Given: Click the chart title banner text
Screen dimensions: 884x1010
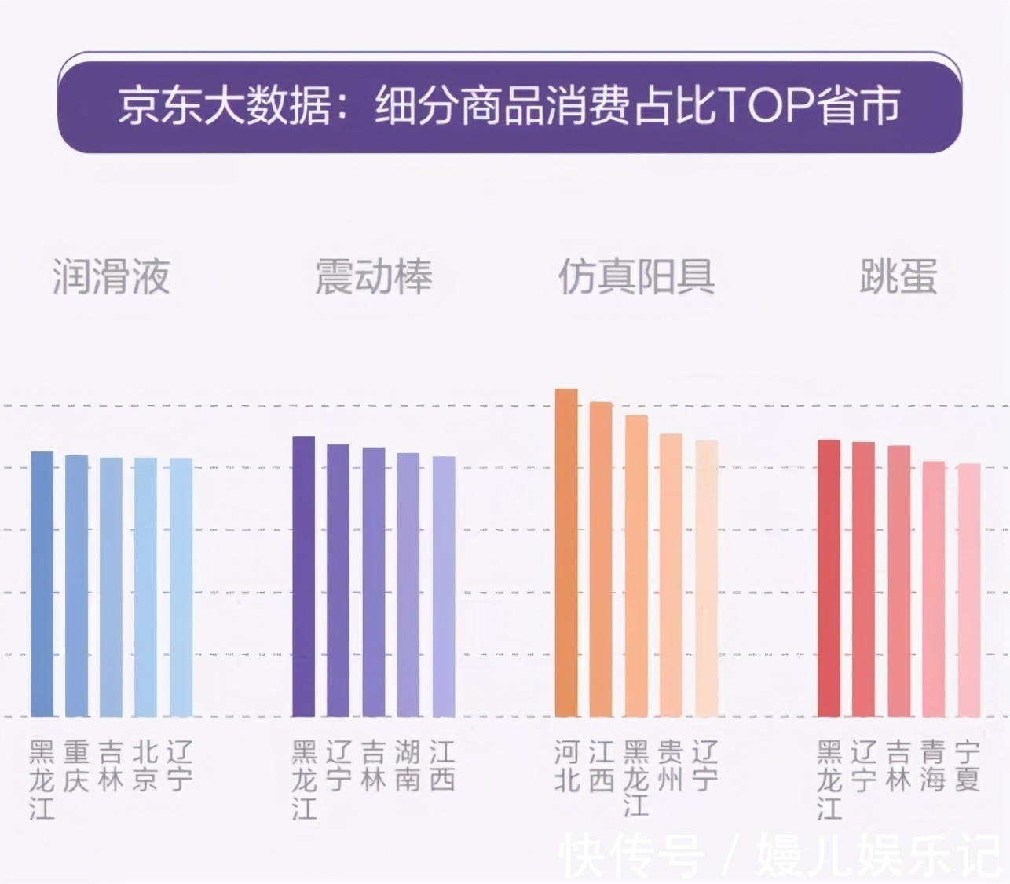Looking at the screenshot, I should point(509,106).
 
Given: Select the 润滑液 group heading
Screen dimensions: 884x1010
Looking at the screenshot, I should point(111,276).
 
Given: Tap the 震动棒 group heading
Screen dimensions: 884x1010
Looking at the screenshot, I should point(373,276).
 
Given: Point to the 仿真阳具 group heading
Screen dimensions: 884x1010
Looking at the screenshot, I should point(636,276).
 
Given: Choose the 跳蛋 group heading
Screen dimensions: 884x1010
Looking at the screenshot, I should point(898,276).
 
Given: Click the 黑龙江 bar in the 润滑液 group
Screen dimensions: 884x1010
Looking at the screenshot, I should point(42,584).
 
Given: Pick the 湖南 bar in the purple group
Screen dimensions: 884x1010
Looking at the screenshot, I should point(408,585).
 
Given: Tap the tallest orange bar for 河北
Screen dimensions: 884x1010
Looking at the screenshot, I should point(566,553).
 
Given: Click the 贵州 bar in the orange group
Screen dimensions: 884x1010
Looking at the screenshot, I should point(671,575).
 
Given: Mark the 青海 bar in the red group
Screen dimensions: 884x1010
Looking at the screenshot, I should point(933,589).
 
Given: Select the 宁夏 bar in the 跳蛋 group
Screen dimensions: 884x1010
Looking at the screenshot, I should point(968,590).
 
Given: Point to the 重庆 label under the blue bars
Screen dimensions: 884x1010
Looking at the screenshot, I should point(76,766).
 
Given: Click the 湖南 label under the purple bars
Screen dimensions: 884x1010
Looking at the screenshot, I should point(408,766).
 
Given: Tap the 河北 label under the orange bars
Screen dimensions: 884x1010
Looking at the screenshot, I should point(566,766).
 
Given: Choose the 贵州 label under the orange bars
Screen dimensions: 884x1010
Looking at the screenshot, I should point(671,766).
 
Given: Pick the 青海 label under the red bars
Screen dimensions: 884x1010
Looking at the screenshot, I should point(933,766).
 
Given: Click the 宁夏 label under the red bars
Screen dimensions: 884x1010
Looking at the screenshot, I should point(968,766).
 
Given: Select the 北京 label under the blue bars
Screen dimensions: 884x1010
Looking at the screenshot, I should point(145,766).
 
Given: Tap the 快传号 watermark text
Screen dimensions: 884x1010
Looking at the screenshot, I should point(632,856).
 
